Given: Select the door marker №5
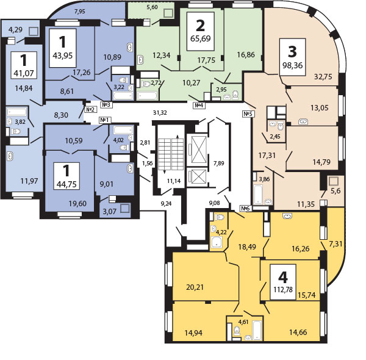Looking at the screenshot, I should [248, 113].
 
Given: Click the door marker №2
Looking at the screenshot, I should [91, 109].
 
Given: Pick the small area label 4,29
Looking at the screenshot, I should [15, 29].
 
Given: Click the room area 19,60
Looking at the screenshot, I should [77, 204].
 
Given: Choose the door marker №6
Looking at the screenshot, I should [246, 208].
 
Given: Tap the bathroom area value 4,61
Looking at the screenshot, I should [243, 322].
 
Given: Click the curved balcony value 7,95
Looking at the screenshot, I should [81, 11].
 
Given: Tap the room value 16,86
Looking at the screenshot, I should [246, 54].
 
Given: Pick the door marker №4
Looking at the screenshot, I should [198, 106].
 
